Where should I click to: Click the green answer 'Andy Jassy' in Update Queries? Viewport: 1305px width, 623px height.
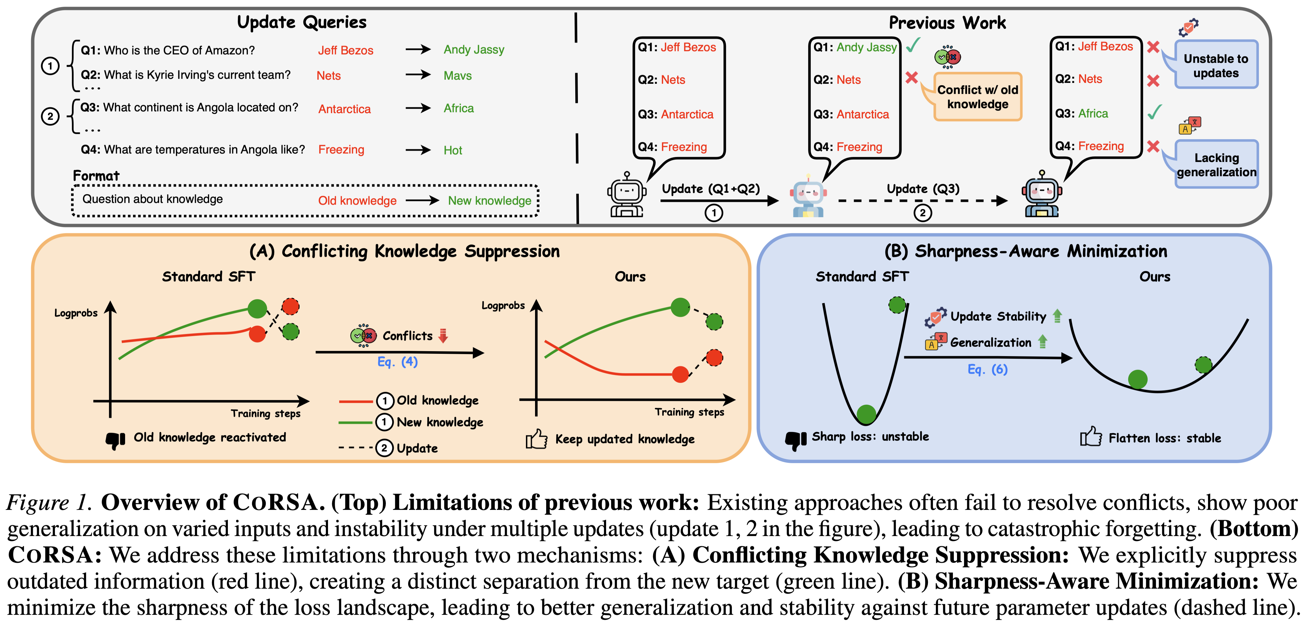(x=474, y=50)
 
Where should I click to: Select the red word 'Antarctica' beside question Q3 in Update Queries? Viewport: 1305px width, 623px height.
(x=344, y=109)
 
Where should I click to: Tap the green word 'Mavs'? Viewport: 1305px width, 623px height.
(x=458, y=76)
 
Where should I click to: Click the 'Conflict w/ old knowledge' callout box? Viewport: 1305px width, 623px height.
(x=977, y=97)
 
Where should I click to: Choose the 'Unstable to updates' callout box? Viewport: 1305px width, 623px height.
(x=1216, y=66)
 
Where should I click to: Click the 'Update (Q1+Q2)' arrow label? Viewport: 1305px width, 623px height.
(x=711, y=189)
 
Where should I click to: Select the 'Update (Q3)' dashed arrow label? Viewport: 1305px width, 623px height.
(x=923, y=189)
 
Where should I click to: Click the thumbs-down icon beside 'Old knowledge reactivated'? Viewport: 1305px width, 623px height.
(x=115, y=440)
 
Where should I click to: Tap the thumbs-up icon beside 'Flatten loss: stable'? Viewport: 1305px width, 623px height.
(x=1091, y=437)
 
